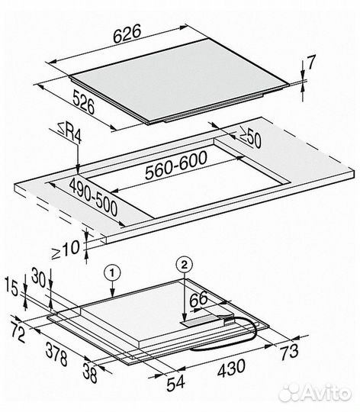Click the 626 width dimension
pyautogui.click(x=127, y=34)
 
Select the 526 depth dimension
pyautogui.click(x=83, y=102)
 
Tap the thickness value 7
pyautogui.click(x=311, y=63)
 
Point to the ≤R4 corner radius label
pyautogui.click(x=69, y=134)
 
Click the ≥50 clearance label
pyautogui.click(x=249, y=137)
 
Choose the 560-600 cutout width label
pyautogui.click(x=176, y=165)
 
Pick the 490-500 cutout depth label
pyautogui.click(x=94, y=197)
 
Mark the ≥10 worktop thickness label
pyautogui.click(x=66, y=250)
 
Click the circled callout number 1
pyautogui.click(x=112, y=273)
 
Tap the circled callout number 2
pyautogui.click(x=185, y=265)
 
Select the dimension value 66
pyautogui.click(x=198, y=300)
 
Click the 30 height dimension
pyautogui.click(x=39, y=278)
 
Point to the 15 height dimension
pyautogui.click(x=12, y=288)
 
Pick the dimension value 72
pyautogui.click(x=18, y=333)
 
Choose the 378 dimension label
pyautogui.click(x=56, y=353)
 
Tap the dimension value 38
pyautogui.click(x=90, y=372)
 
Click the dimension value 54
pyautogui.click(x=175, y=382)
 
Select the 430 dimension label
pyautogui.click(x=231, y=368)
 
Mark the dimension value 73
pyautogui.click(x=289, y=352)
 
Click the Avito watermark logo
pyautogui.click(x=315, y=394)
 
